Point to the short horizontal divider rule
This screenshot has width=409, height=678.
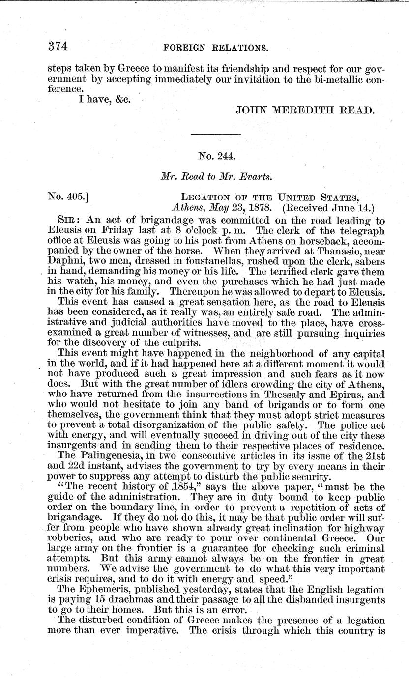click(215, 135)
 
